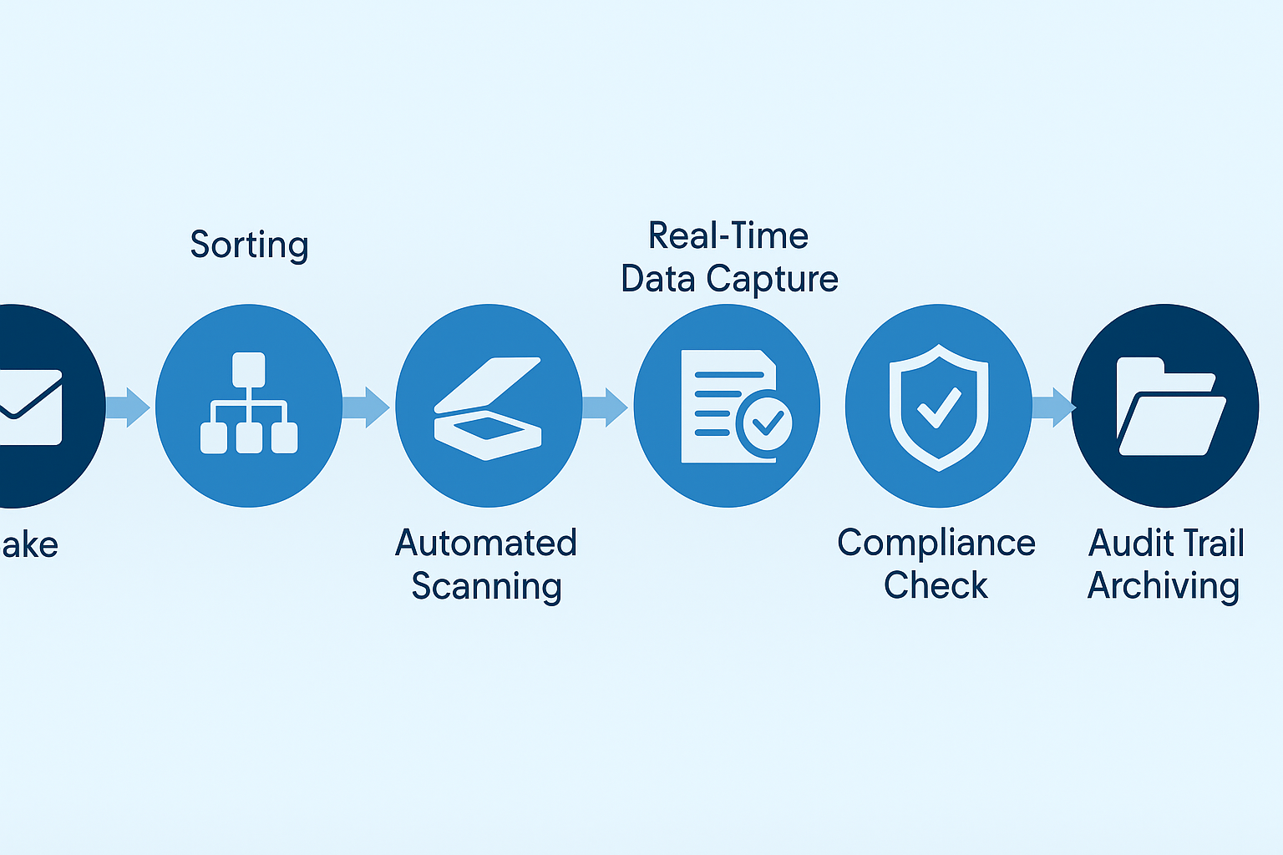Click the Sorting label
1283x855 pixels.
click(x=249, y=245)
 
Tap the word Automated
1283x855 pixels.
click(x=485, y=544)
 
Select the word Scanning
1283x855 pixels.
click(x=486, y=587)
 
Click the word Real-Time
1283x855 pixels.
click(x=728, y=236)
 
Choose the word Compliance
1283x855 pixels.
click(x=936, y=544)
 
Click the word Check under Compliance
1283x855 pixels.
click(x=936, y=586)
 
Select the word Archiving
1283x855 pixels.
click(x=1163, y=586)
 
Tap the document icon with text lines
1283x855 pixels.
click(x=723, y=405)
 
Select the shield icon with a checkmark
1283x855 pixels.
click(x=939, y=407)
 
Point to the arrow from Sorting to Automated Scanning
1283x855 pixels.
click(x=367, y=407)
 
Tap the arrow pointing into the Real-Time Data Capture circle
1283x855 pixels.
click(x=605, y=407)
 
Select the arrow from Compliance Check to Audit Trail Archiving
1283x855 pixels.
click(x=1053, y=407)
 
